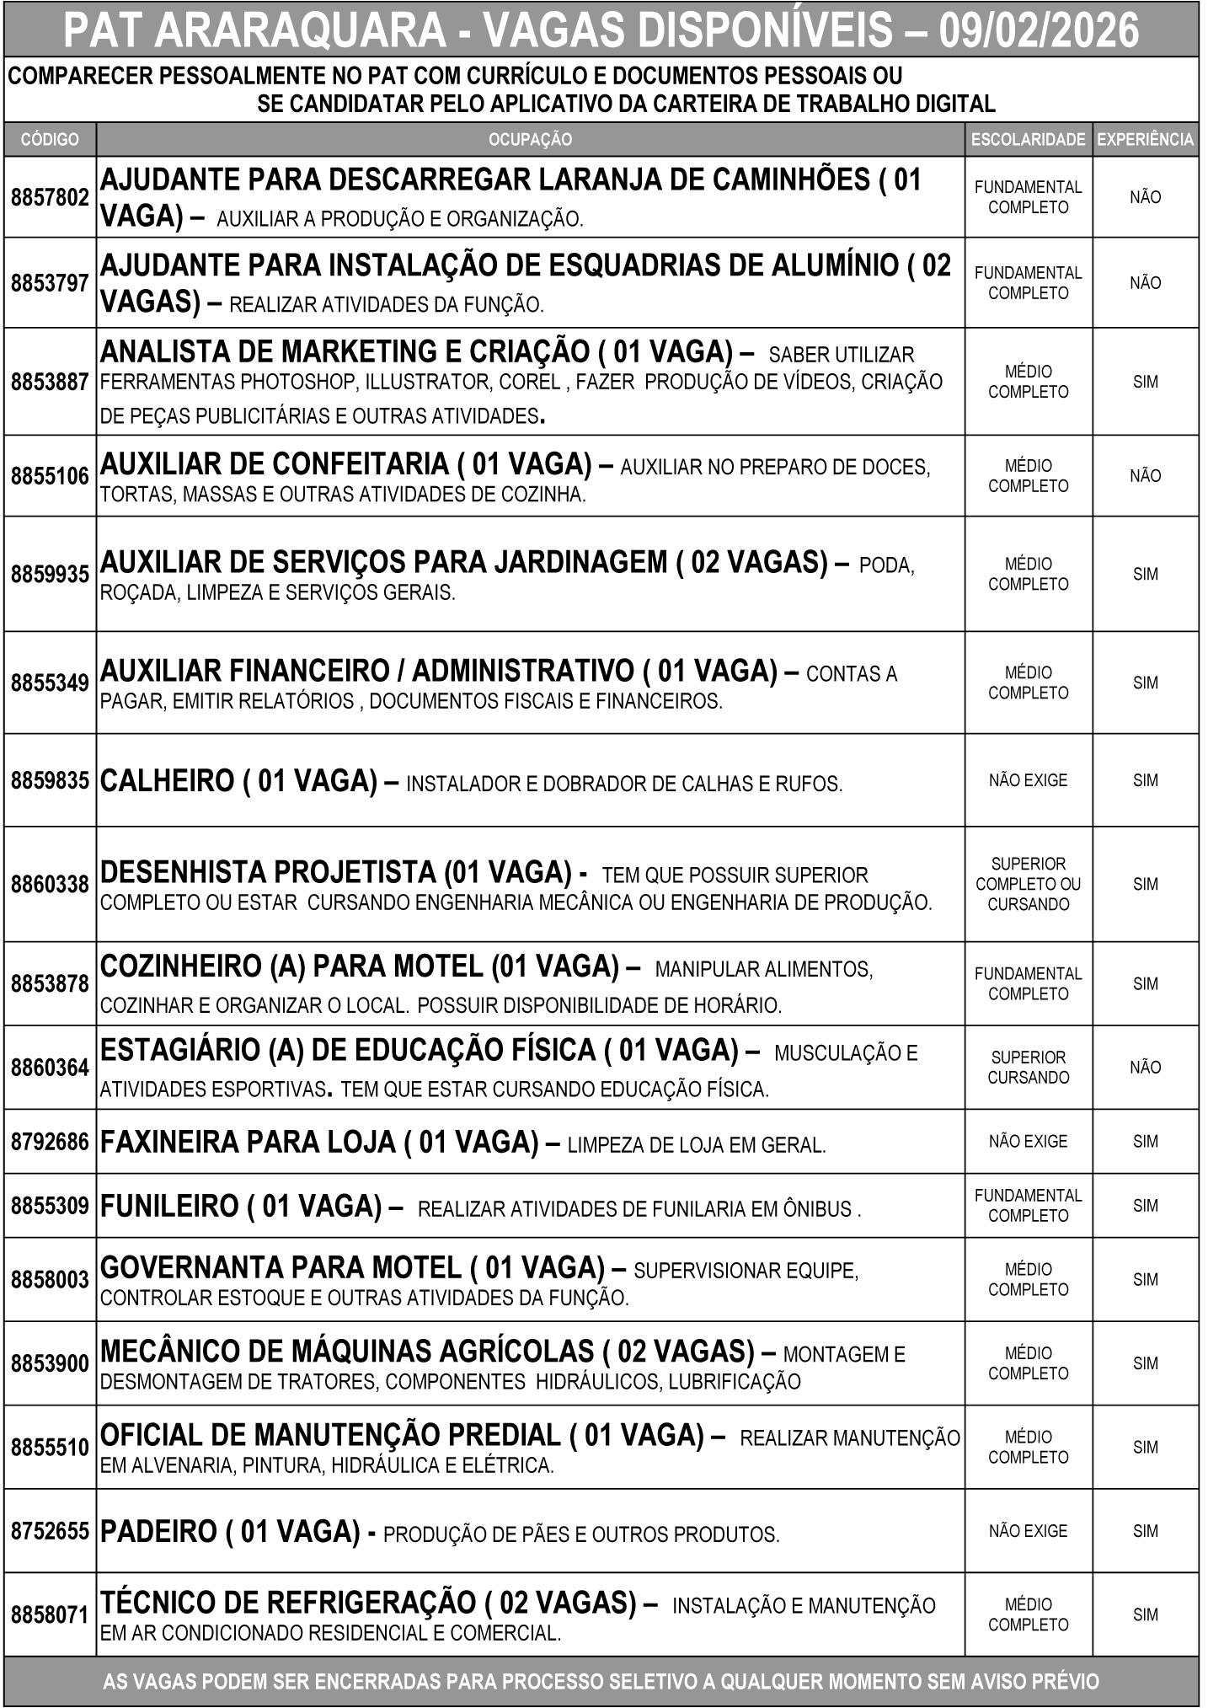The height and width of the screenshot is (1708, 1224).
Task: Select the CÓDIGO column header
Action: pyautogui.click(x=50, y=139)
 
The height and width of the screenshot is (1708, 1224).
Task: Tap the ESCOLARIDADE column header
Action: pyautogui.click(x=1028, y=140)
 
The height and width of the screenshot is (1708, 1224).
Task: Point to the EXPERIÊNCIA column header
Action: pyautogui.click(x=1145, y=140)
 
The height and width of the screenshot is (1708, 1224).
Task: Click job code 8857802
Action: pyautogui.click(x=50, y=197)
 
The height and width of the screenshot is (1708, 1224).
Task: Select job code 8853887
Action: pyautogui.click(x=50, y=382)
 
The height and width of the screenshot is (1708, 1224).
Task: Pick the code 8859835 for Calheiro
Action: pyautogui.click(x=50, y=780)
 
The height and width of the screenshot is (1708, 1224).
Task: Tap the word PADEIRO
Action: pyautogui.click(x=159, y=1531)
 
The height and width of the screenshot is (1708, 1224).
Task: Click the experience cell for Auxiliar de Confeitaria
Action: pyautogui.click(x=1145, y=476)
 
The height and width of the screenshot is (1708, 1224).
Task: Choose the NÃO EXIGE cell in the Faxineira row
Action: pyautogui.click(x=1028, y=1142)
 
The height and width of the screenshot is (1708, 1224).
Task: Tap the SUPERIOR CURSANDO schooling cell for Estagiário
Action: pyautogui.click(x=1028, y=1068)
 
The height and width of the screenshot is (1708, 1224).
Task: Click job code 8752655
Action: pyautogui.click(x=50, y=1531)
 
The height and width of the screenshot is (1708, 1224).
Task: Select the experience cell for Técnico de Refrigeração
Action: pyautogui.click(x=1145, y=1615)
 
